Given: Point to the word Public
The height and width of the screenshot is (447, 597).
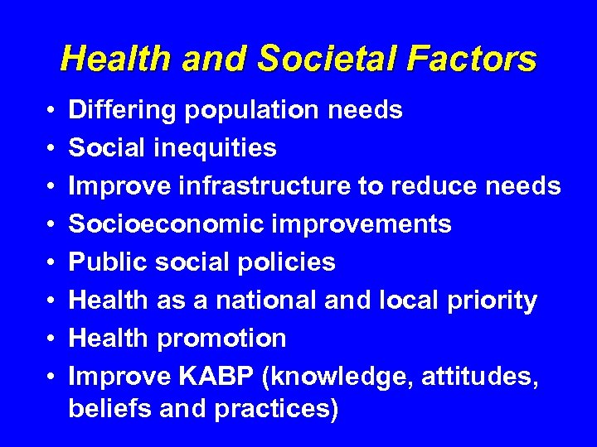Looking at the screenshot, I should tap(98, 262).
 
